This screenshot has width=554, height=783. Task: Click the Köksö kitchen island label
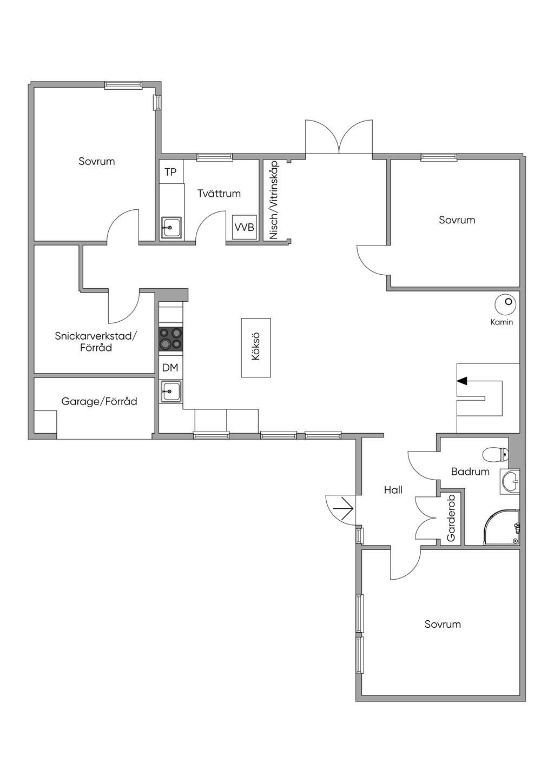tap(256, 347)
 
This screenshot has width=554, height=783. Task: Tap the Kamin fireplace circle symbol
tap(505, 304)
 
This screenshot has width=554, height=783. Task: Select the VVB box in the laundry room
tap(244, 227)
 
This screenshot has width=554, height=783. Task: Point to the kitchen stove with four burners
tap(171, 339)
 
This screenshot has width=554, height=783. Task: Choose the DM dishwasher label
tap(170, 367)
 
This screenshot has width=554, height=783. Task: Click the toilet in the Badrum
tap(495, 455)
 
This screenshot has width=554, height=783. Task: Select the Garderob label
tap(451, 517)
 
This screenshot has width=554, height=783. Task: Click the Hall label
tap(393, 490)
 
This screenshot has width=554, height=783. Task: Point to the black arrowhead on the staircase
tap(462, 381)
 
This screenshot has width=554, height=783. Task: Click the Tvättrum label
tap(219, 193)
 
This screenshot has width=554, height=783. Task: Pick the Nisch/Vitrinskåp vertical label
tap(274, 200)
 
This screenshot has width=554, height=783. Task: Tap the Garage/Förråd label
tap(99, 401)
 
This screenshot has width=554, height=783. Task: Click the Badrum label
tap(470, 472)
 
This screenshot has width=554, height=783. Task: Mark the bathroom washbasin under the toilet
tap(510, 481)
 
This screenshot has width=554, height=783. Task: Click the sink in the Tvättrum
tap(171, 228)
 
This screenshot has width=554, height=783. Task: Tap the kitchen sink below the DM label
tap(171, 391)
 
